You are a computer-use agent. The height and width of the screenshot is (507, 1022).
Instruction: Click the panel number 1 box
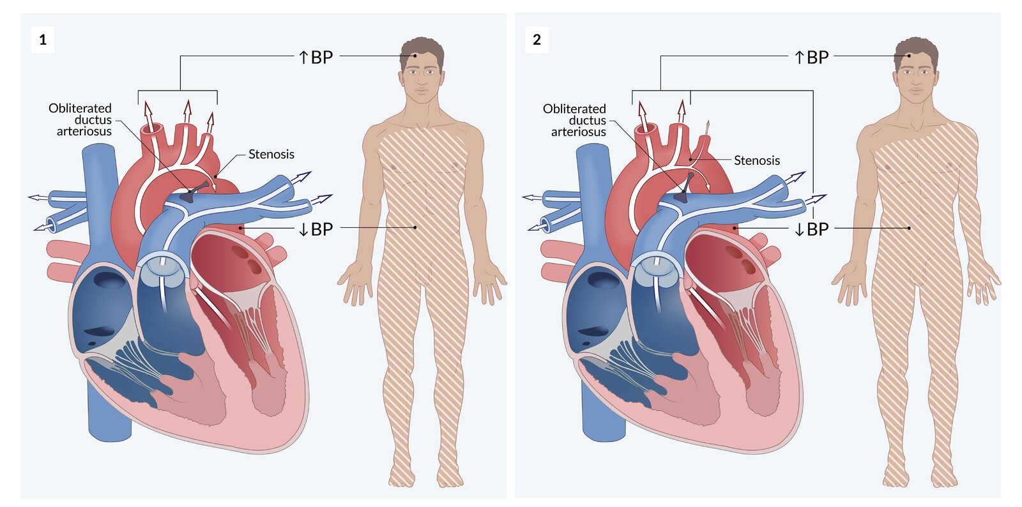43,40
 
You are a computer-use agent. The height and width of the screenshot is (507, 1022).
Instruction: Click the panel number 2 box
537,40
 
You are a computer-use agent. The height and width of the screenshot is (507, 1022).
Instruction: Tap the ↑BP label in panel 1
316,57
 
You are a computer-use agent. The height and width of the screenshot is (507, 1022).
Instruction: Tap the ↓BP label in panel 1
316,229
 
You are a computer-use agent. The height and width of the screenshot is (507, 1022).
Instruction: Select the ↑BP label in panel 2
811,57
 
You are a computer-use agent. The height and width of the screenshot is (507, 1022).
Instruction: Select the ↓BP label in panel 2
811,229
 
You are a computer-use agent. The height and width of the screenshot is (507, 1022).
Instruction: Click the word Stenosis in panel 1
271,154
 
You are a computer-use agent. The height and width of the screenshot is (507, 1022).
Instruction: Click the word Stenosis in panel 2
756,160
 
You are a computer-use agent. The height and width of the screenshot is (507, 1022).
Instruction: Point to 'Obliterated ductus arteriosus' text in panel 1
80,120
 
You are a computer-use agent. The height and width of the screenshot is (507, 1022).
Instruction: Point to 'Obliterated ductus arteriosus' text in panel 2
575,120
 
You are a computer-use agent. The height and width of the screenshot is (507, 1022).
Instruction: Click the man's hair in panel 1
422,46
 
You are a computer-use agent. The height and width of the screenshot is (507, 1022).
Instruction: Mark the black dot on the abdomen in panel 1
415,227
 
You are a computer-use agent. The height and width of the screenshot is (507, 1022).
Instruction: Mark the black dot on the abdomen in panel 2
909,228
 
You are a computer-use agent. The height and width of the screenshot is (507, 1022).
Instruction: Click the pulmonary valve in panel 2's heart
657,271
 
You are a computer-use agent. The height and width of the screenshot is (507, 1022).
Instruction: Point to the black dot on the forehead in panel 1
415,56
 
